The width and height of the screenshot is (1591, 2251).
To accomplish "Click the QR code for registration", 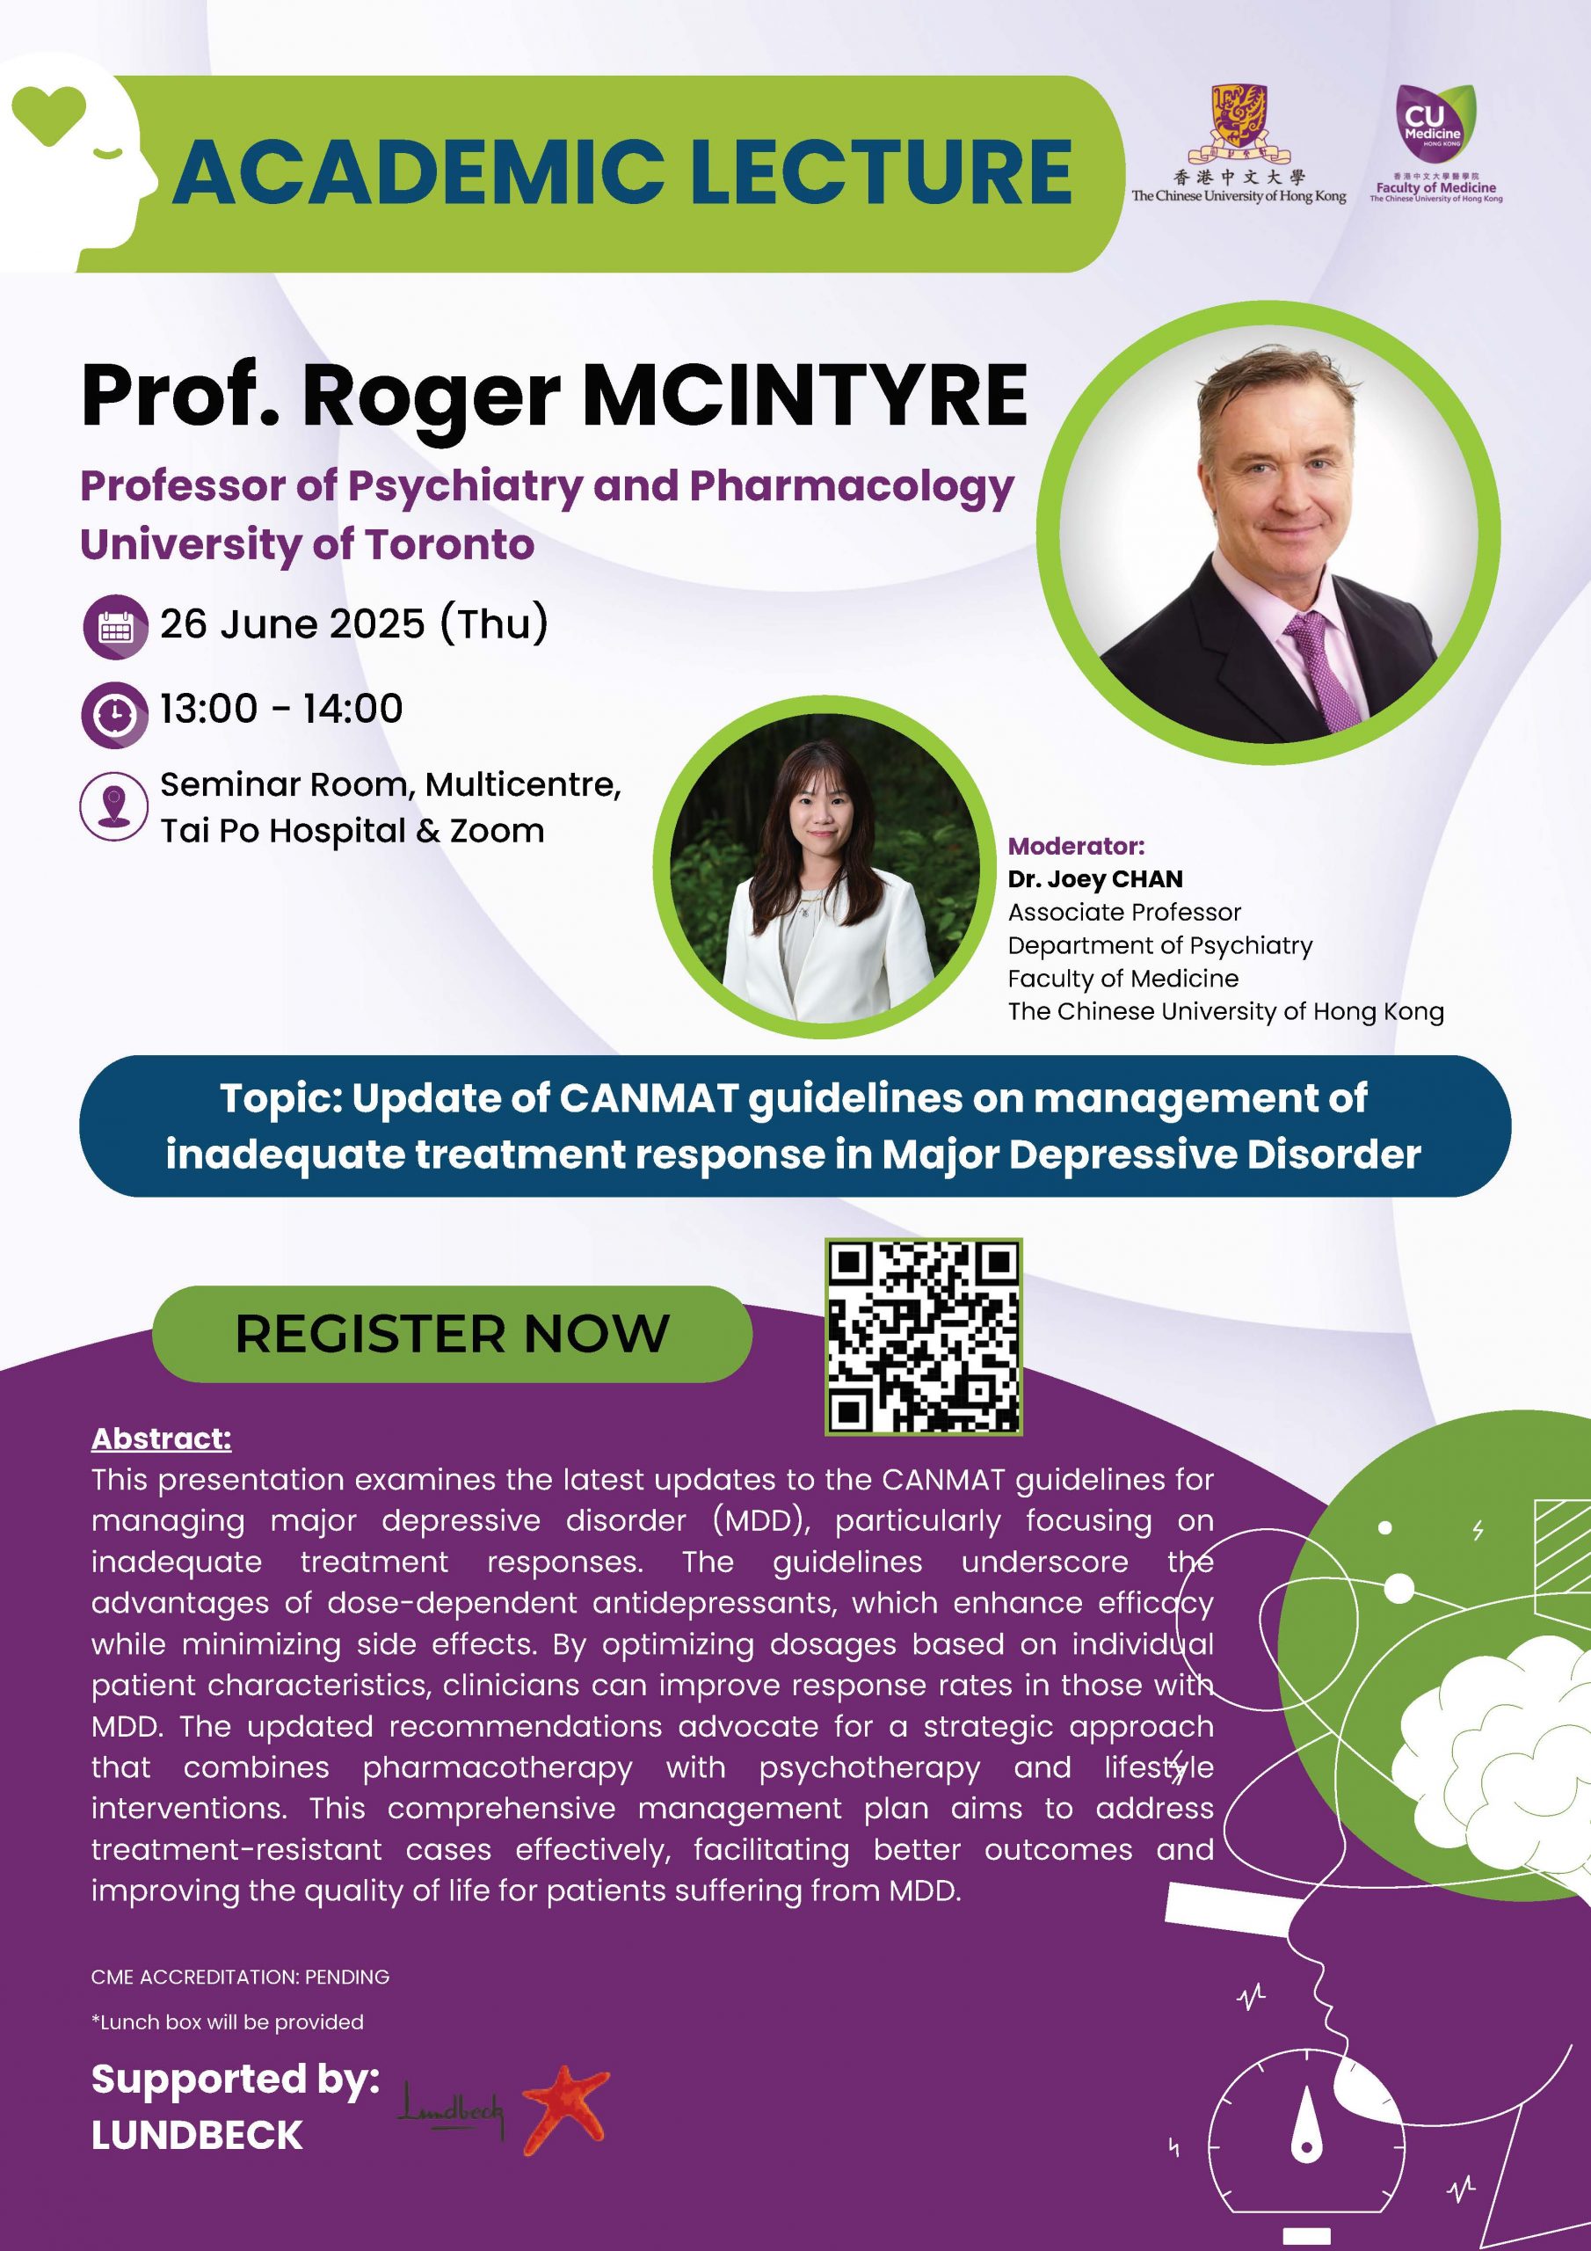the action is [x=924, y=1337].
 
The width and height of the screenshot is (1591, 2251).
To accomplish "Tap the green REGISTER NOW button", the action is [x=452, y=1333].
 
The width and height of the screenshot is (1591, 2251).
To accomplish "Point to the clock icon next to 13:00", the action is [x=114, y=714].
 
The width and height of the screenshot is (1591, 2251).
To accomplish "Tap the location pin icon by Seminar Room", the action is [x=114, y=807].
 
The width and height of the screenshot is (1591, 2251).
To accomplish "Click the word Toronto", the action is [x=450, y=544].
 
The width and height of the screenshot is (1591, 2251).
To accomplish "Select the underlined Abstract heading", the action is [x=162, y=1439].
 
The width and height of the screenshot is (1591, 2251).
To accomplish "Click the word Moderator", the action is [x=1075, y=846].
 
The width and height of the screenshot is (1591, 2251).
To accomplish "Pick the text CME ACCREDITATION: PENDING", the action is [x=240, y=1977].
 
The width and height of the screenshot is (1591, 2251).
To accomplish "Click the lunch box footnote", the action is [x=228, y=2022].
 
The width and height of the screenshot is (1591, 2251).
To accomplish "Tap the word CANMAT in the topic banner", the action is [x=648, y=1098].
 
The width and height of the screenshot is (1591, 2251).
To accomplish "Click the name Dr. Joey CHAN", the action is [x=1095, y=878].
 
